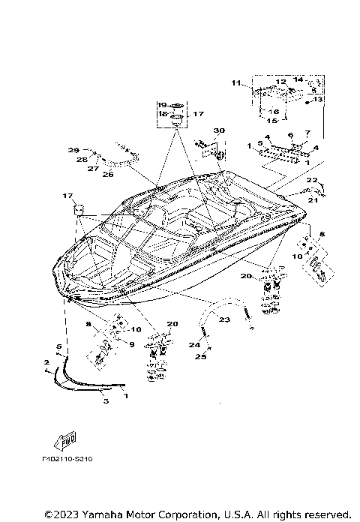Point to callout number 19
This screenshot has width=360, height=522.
161,104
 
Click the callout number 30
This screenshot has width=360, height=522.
218,131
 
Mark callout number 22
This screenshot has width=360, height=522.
312,180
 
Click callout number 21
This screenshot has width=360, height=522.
312,200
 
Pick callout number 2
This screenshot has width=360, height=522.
46,361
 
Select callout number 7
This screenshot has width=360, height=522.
306,133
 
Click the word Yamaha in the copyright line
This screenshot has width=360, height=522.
96,514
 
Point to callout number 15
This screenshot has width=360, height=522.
271,120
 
